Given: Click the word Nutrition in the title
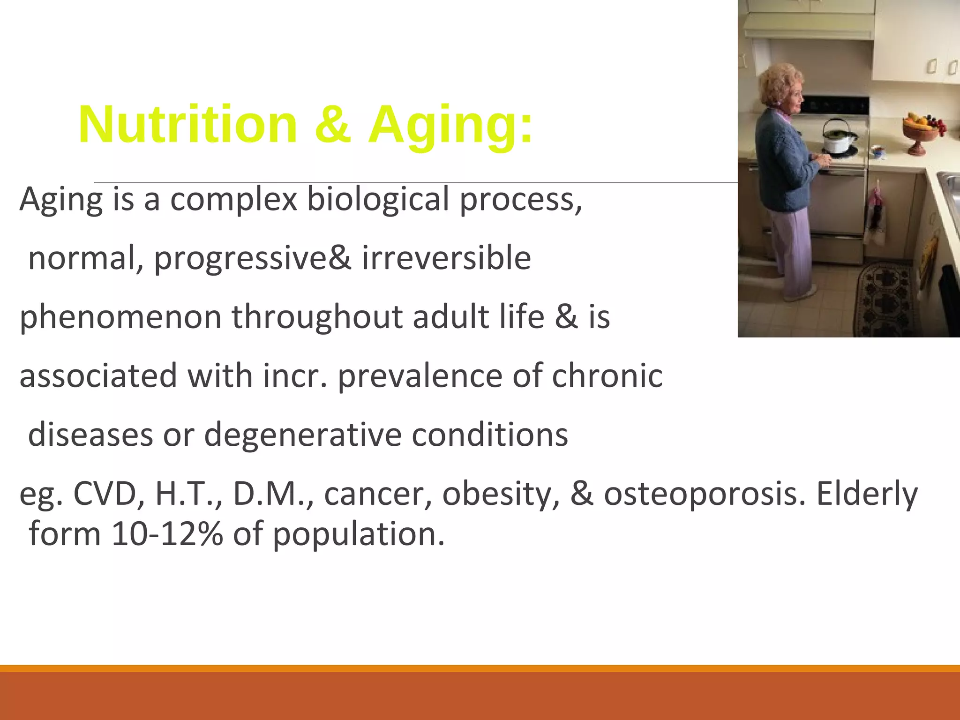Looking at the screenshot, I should click(x=187, y=125).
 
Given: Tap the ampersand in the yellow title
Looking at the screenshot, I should click(x=333, y=125).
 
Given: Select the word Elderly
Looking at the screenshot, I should click(x=867, y=494).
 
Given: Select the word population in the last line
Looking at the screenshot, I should click(x=359, y=534).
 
